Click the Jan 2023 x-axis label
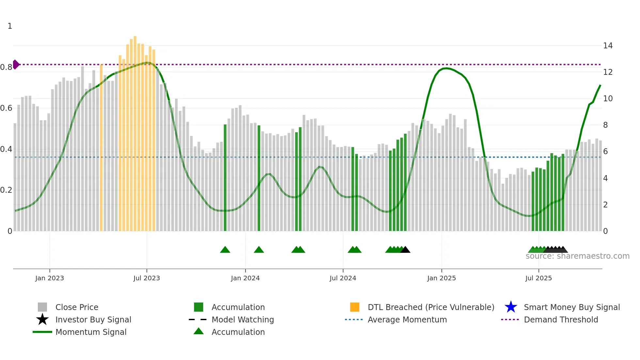coord(50,278)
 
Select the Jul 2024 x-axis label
coord(343,278)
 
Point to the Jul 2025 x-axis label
coord(538,278)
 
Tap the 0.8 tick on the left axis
coord(7,67)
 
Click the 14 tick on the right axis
coord(608,46)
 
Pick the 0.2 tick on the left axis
coord(7,190)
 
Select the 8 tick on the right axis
coord(605,125)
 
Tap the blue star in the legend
coord(511,307)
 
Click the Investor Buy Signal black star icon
coord(42,319)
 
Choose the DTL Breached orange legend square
coord(355,307)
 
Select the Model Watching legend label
coord(243,319)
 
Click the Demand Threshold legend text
coord(561,319)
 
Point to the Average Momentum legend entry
coord(407,319)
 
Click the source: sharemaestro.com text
coord(577,256)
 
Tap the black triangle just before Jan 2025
coord(405,250)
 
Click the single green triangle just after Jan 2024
coord(259,250)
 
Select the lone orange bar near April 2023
coord(101,147)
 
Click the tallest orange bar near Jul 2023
coord(135,131)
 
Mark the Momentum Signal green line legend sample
coord(42,332)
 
